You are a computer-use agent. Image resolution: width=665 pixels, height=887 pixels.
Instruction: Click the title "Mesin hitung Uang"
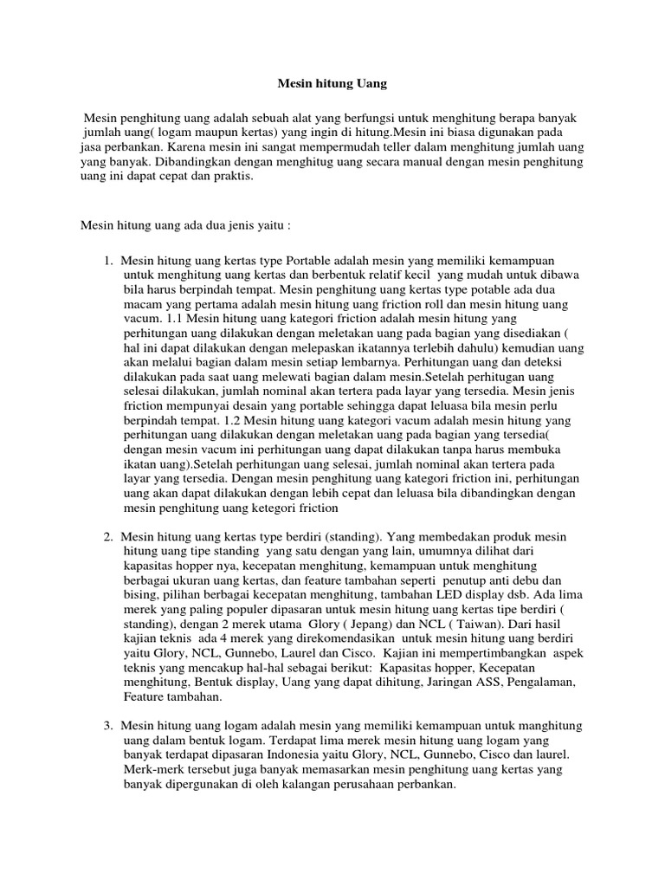coord(332,84)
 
